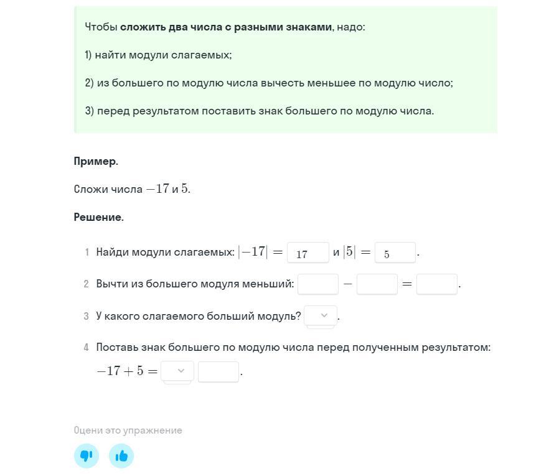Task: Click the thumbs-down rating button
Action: click(x=87, y=456)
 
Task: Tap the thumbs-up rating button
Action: click(x=121, y=456)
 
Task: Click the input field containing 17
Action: click(x=307, y=253)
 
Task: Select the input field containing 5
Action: click(x=395, y=253)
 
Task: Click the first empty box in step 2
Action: click(x=317, y=284)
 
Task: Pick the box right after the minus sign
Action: click(x=377, y=284)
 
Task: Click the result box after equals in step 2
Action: click(x=436, y=284)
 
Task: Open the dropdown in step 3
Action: click(x=321, y=316)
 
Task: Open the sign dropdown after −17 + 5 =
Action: click(x=177, y=371)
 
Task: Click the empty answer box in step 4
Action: click(x=218, y=371)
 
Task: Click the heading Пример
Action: click(x=96, y=161)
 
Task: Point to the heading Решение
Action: click(x=98, y=217)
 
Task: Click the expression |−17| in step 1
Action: click(x=253, y=252)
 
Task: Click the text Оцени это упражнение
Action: click(x=128, y=430)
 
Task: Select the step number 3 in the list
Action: click(x=86, y=316)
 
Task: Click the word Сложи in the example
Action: click(x=91, y=189)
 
